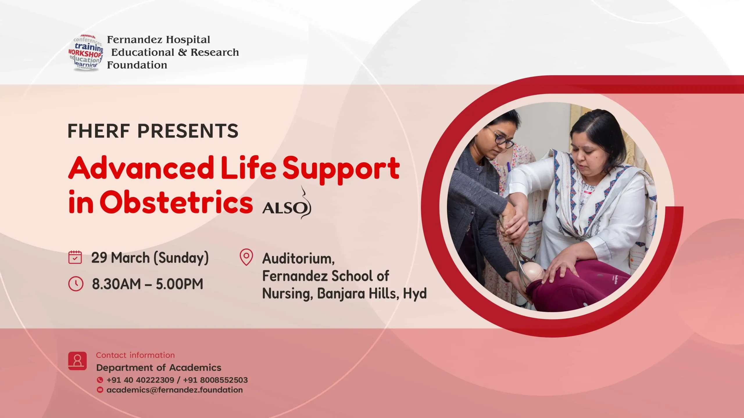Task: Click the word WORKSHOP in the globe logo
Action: coord(85,54)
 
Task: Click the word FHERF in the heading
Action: coord(99,131)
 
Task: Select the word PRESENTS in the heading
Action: coord(188,131)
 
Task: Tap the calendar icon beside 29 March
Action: coord(75,257)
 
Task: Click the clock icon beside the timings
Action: coord(76,284)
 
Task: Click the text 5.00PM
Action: coord(179,284)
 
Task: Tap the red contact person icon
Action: coord(77,361)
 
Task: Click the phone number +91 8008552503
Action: coord(215,380)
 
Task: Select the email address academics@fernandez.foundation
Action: coord(175,390)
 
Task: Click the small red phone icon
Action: coord(100,380)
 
